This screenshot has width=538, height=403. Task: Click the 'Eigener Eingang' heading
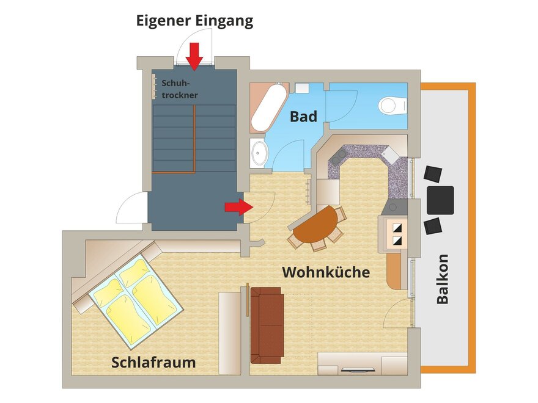(x=194, y=21)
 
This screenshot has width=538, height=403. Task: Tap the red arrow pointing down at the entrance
(x=194, y=57)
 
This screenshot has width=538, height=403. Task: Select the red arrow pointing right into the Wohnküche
(x=239, y=207)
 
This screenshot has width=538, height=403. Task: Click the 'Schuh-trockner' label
(x=180, y=89)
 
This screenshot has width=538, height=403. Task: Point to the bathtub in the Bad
(x=268, y=107)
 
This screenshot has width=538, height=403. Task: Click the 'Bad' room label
(x=303, y=117)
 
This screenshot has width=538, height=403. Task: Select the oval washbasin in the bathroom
(x=259, y=153)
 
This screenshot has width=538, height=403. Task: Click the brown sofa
(x=267, y=325)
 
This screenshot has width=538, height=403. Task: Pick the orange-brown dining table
(x=315, y=225)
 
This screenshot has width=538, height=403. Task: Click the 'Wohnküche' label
(x=326, y=272)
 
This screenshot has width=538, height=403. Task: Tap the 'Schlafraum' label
(x=153, y=363)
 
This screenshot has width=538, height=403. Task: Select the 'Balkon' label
(x=442, y=279)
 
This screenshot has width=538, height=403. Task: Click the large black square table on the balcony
(x=441, y=200)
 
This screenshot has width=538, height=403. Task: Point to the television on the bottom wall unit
(x=357, y=370)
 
